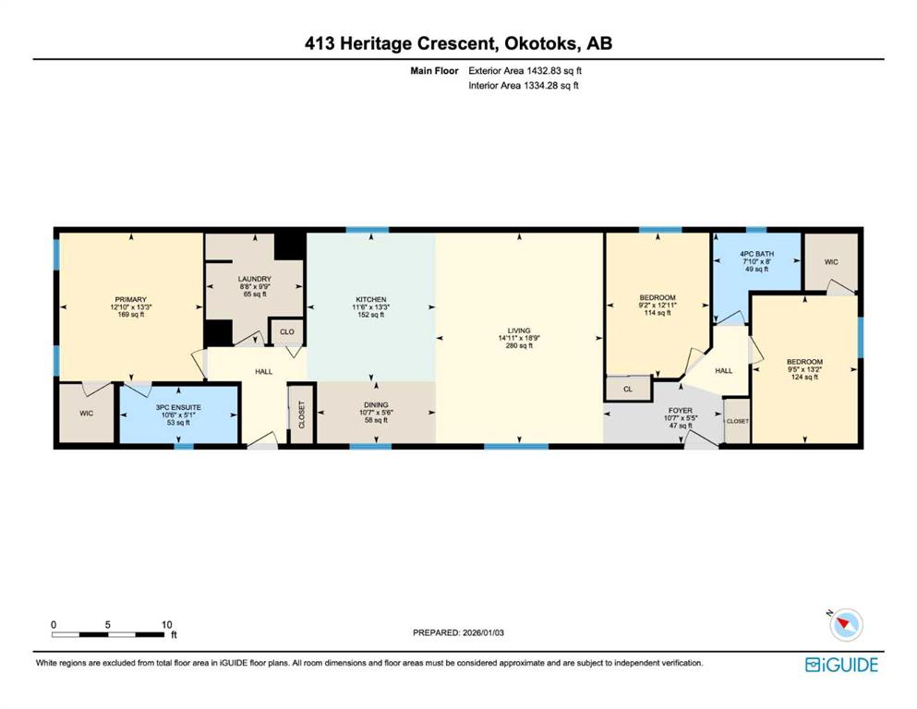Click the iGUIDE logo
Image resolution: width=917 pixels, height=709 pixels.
point(841,665)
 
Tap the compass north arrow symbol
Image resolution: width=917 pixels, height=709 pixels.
point(845,624)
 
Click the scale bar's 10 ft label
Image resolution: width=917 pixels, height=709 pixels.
point(166,624)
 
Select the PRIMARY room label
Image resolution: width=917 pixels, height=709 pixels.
point(130,299)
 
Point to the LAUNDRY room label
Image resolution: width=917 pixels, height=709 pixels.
point(254,279)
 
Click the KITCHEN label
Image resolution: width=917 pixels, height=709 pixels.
point(371,299)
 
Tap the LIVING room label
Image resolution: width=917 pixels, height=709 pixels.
point(519,330)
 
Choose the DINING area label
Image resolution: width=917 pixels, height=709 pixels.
point(376,404)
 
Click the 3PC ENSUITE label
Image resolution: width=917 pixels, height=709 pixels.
point(178,407)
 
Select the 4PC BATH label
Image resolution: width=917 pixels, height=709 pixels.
point(756,254)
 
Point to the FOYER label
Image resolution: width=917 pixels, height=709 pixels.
point(681,410)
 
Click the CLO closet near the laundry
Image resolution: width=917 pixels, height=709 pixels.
point(286,331)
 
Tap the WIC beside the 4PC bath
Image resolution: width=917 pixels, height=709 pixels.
point(831,262)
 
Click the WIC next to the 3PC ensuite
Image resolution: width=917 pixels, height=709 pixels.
point(86,414)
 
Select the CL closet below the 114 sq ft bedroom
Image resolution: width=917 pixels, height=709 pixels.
point(628,389)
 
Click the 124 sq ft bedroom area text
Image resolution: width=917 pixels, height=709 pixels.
point(804,377)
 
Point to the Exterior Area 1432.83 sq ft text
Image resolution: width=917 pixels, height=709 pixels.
point(525,71)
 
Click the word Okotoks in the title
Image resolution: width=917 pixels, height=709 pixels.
point(541,43)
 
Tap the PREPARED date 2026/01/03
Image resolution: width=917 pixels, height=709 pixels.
point(483,632)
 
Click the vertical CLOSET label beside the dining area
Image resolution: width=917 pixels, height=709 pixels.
point(302,415)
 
